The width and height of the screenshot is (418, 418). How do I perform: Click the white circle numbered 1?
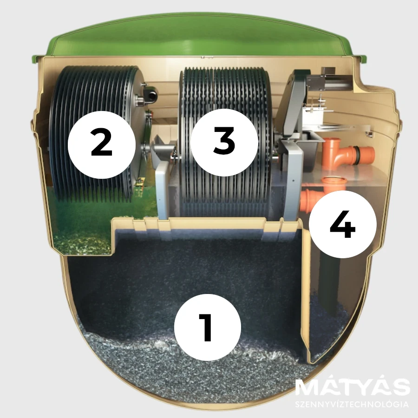click(208, 327)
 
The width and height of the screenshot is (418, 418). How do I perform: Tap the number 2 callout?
click(102, 145)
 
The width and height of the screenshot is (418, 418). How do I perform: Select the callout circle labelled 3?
click(224, 142)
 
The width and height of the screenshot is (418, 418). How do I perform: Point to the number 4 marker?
click(343, 224)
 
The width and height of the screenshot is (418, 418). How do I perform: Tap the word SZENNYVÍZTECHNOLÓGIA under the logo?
click(352, 404)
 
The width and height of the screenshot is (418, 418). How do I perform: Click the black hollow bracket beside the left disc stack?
click(151, 95)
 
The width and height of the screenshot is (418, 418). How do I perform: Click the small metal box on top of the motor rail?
click(328, 71)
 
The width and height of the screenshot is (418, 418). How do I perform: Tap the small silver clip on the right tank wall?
click(369, 134)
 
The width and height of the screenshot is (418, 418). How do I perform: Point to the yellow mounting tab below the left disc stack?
click(139, 183)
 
